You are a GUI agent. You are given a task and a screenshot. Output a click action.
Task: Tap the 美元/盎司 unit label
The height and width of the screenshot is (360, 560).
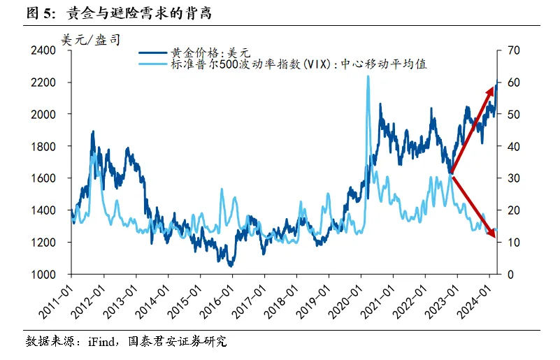tap(90, 40)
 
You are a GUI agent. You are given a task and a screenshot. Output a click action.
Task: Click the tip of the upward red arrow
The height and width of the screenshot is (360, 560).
tap(494, 85)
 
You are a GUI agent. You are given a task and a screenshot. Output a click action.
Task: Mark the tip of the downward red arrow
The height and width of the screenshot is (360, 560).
tap(495, 238)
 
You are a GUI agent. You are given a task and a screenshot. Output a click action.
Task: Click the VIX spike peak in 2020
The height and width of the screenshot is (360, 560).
tap(368, 76)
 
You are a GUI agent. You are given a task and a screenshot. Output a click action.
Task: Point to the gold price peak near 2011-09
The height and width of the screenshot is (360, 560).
tap(92, 131)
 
